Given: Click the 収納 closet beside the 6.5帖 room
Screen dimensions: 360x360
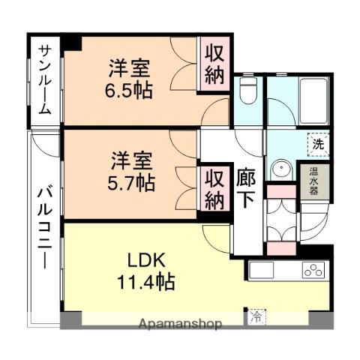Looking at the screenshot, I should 214,65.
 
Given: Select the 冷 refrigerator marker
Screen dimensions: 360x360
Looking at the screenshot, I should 257,316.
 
